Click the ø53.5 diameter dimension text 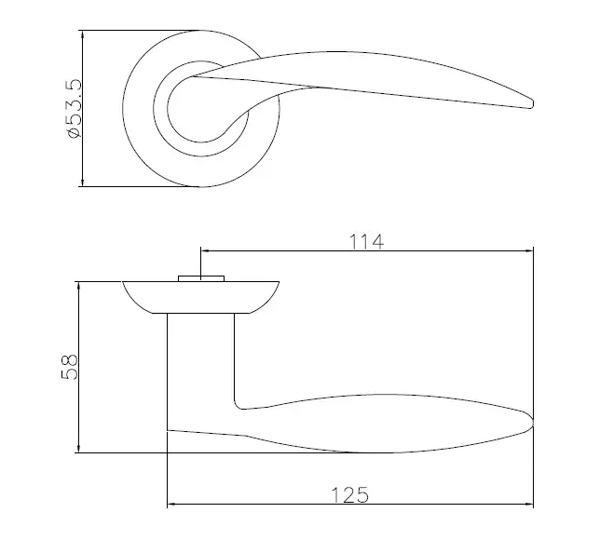pos(75,108)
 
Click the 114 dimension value pos(366,242)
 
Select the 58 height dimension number pos(70,367)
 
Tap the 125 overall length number pos(350,495)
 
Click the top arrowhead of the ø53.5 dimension pos(82,34)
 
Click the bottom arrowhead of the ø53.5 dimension pos(82,182)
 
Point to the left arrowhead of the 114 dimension pos(206,251)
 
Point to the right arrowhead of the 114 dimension pos(528,251)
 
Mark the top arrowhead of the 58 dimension pos(79,286)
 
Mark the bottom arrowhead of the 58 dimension pos(79,448)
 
